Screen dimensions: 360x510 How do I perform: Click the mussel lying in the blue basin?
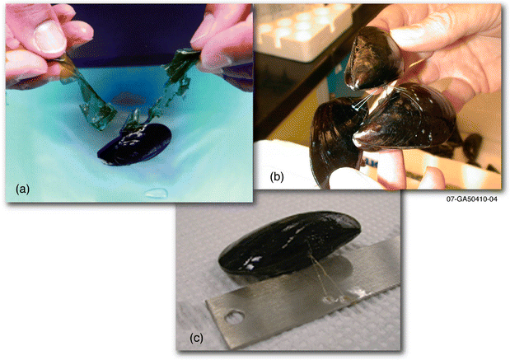[x=134, y=147]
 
